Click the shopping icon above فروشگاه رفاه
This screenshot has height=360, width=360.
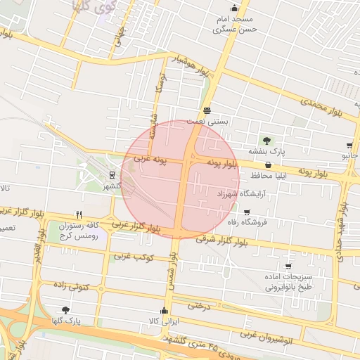tap(246, 212)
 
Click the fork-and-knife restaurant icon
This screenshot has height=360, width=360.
tap(79, 215)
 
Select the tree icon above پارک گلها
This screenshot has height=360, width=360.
tap(65, 310)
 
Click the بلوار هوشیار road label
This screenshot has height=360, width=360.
tap(193, 65)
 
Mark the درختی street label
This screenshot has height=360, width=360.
tap(200, 306)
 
